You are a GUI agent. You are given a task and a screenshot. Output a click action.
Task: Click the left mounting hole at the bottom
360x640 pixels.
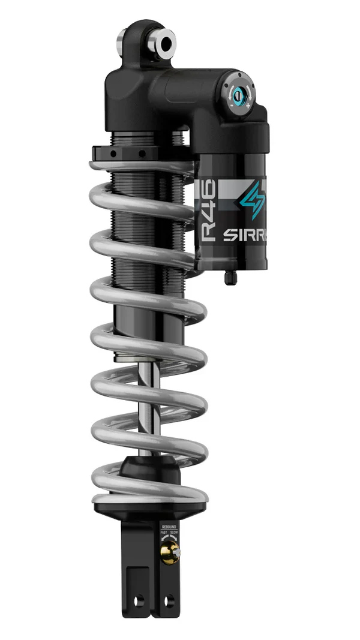[140, 600]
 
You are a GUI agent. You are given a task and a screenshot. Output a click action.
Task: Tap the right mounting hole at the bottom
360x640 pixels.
[172, 600]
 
